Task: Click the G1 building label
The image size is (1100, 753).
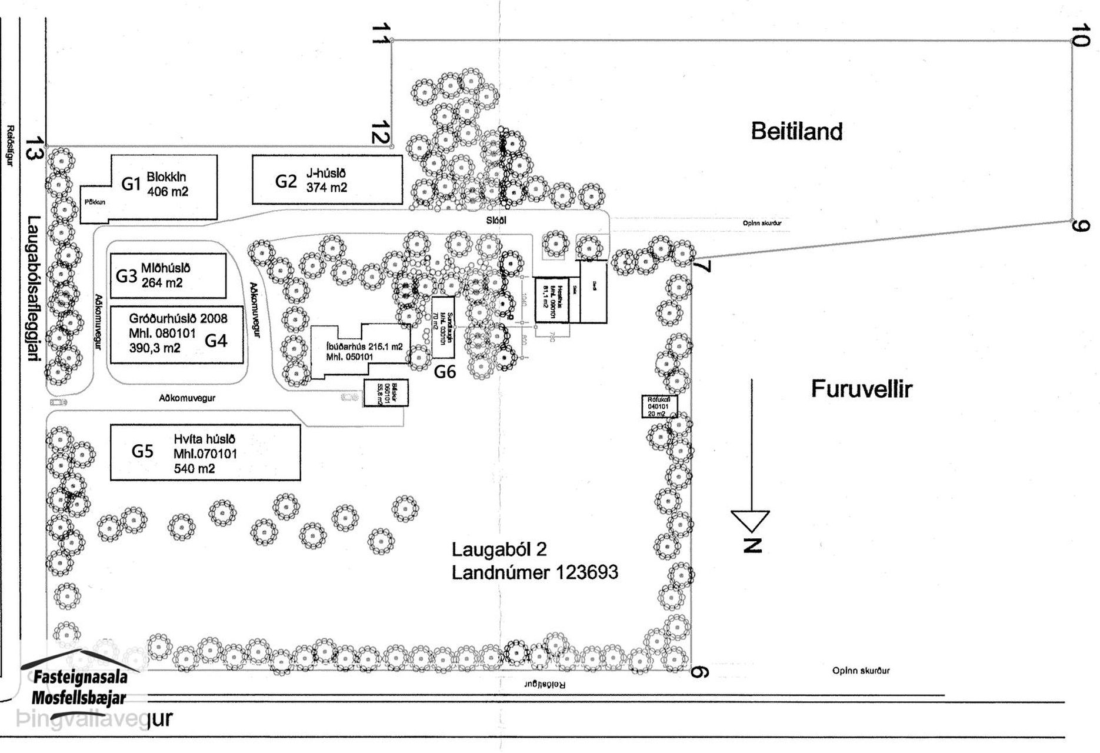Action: click(x=131, y=184)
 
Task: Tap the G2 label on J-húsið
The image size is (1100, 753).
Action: click(x=286, y=181)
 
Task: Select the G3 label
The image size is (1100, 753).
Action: click(x=126, y=276)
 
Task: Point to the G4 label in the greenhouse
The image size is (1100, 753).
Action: click(x=215, y=340)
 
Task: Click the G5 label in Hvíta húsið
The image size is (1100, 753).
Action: click(x=142, y=451)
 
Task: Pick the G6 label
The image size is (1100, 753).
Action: click(x=445, y=372)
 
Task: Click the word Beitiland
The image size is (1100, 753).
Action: click(x=796, y=131)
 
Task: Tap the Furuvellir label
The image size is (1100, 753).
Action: click(x=861, y=389)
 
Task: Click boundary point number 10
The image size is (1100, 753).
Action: click(x=1081, y=36)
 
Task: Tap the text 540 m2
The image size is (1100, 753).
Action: click(x=194, y=469)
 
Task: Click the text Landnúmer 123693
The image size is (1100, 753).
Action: click(x=535, y=572)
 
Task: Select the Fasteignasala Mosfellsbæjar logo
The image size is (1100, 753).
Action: click(x=79, y=685)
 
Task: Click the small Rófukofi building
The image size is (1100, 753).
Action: click(x=659, y=406)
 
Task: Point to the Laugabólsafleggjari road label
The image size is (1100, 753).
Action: click(x=34, y=289)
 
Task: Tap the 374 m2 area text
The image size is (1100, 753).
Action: click(x=326, y=188)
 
